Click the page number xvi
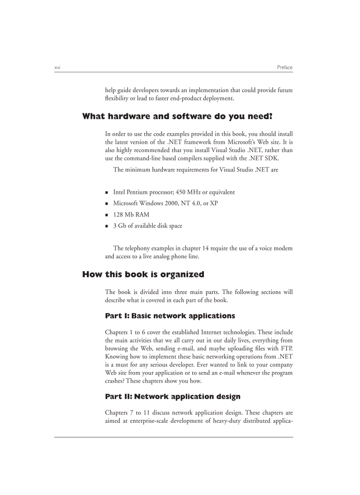tap(57, 67)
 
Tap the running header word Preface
tap(285, 67)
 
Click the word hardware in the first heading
tap(129, 116)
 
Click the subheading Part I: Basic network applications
tap(170, 316)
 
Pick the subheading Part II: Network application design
tap(172, 397)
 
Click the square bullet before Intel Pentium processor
tap(107, 193)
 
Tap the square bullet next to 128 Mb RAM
tap(107, 215)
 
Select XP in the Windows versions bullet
tap(214, 203)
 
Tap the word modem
tap(283, 248)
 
